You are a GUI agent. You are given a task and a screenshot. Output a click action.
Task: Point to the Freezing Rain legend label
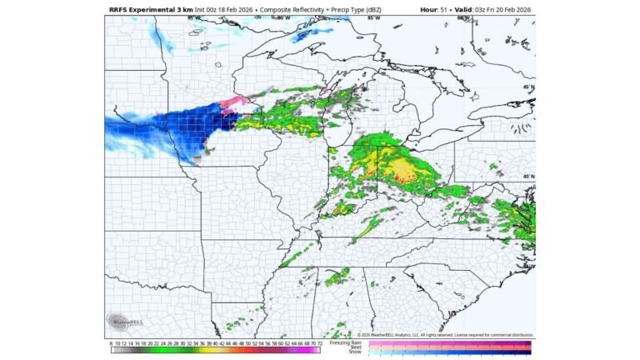click(345, 342)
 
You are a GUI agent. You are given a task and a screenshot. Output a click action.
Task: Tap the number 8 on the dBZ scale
click(111, 342)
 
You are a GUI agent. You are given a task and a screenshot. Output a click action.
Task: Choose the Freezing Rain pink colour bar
click(450, 342)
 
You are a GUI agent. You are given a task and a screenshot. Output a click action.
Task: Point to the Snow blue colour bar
click(450, 352)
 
